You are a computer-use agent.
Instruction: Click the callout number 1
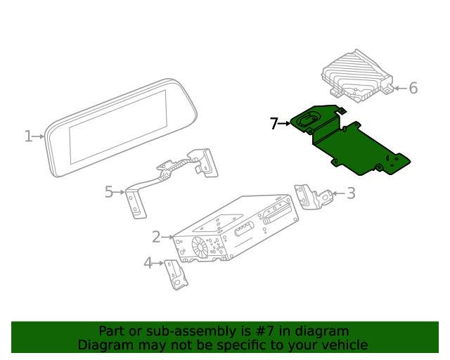click(x=28, y=136)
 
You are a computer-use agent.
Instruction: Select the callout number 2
click(x=156, y=237)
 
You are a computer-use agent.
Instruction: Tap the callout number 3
click(x=351, y=193)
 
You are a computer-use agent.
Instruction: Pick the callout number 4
click(x=148, y=263)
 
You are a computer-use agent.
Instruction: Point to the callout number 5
click(x=109, y=191)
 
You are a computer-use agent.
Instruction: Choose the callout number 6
click(x=413, y=88)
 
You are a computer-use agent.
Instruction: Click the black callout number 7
click(x=274, y=124)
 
